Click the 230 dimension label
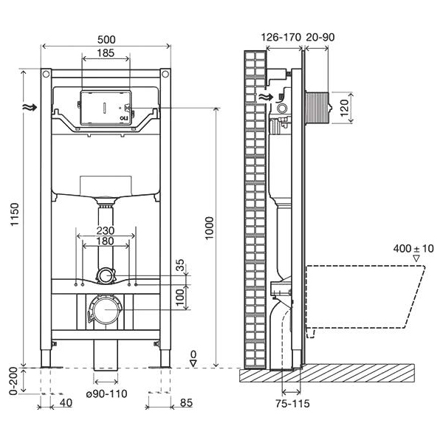coord(105,230)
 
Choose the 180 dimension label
coord(105,241)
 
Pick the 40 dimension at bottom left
coord(66,402)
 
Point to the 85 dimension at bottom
coord(186,402)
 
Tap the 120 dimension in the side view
coord(344,109)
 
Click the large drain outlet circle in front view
coord(106,308)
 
